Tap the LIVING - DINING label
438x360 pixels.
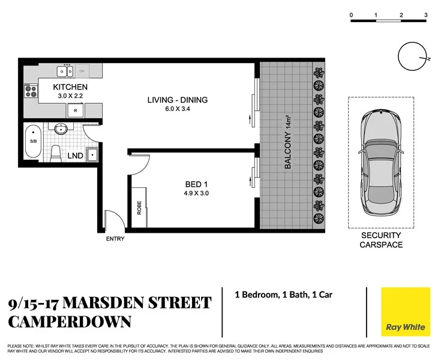[178, 100]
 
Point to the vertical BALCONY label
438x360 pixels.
[288, 141]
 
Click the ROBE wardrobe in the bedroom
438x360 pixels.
[140, 207]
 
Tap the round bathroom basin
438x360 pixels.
[61, 129]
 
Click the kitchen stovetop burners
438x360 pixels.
[30, 91]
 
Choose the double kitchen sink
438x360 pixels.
[65, 71]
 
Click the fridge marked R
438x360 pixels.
[76, 110]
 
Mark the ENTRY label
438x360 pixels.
[115, 239]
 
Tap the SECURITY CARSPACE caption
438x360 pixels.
[381, 241]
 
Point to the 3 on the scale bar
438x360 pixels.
[425, 14]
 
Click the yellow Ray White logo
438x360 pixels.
[406, 311]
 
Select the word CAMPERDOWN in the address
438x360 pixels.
[70, 321]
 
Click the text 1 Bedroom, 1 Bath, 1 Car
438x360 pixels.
[283, 295]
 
